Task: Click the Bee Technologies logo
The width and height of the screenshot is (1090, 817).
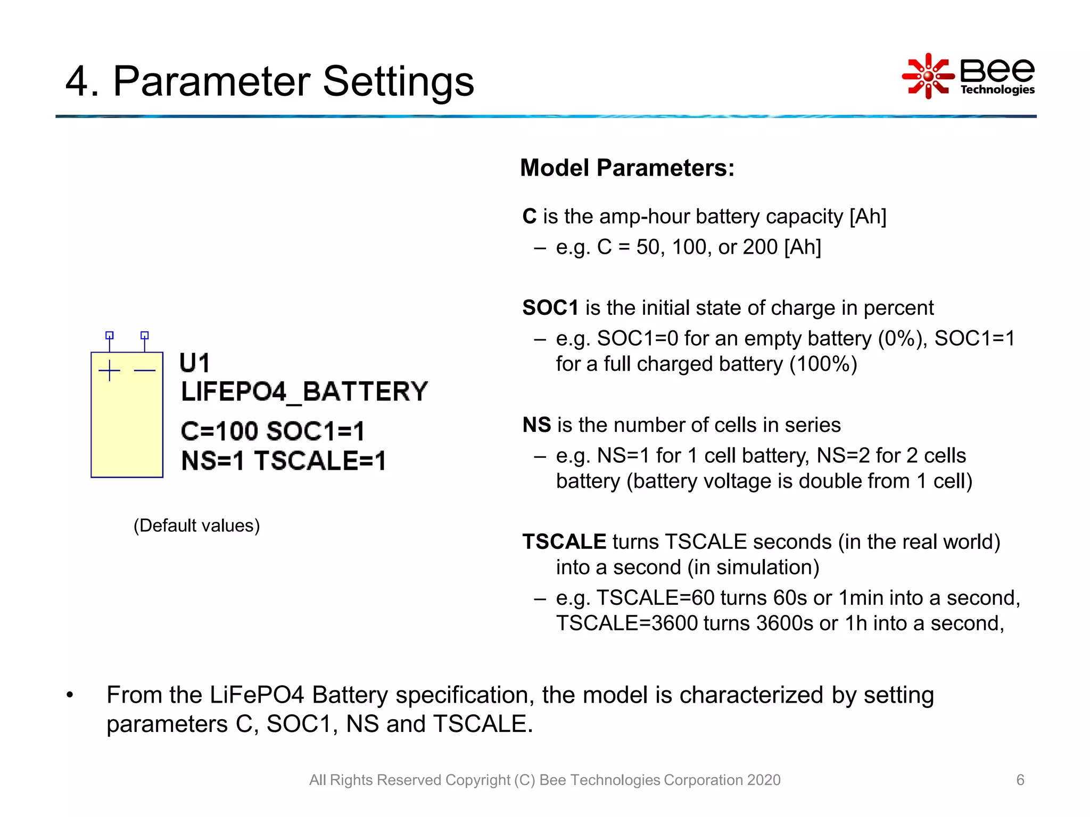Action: pyautogui.click(x=968, y=76)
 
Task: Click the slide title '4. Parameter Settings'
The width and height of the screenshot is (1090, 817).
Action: pyautogui.click(x=269, y=81)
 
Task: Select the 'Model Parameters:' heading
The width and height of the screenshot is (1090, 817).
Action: pyautogui.click(x=627, y=168)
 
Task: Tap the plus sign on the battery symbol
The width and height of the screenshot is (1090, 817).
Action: pyautogui.click(x=110, y=371)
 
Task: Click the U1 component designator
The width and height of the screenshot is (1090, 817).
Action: pyautogui.click(x=195, y=363)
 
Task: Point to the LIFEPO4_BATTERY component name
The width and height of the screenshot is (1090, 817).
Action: pyautogui.click(x=304, y=392)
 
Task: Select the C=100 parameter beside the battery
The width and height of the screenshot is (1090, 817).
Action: pyautogui.click(x=219, y=431)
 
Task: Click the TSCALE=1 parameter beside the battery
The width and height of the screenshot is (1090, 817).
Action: pyautogui.click(x=320, y=461)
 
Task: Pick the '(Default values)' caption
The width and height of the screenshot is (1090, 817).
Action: pyautogui.click(x=196, y=526)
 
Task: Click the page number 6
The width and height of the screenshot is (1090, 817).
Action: pyautogui.click(x=1020, y=780)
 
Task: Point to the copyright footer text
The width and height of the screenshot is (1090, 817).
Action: pyautogui.click(x=544, y=780)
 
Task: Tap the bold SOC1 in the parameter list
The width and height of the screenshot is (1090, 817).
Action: pyautogui.click(x=550, y=308)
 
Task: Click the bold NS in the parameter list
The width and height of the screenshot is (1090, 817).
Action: pyautogui.click(x=536, y=425)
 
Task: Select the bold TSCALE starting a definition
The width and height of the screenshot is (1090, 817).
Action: pyautogui.click(x=564, y=542)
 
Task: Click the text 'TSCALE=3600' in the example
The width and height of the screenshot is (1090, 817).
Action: pyautogui.click(x=626, y=623)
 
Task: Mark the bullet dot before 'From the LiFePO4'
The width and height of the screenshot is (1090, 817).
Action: pyautogui.click(x=70, y=696)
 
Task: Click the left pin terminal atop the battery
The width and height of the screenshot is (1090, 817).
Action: pyautogui.click(x=110, y=336)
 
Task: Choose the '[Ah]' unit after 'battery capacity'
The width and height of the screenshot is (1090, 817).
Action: pyautogui.click(x=868, y=216)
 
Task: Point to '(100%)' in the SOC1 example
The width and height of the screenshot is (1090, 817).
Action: pyautogui.click(x=823, y=364)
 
